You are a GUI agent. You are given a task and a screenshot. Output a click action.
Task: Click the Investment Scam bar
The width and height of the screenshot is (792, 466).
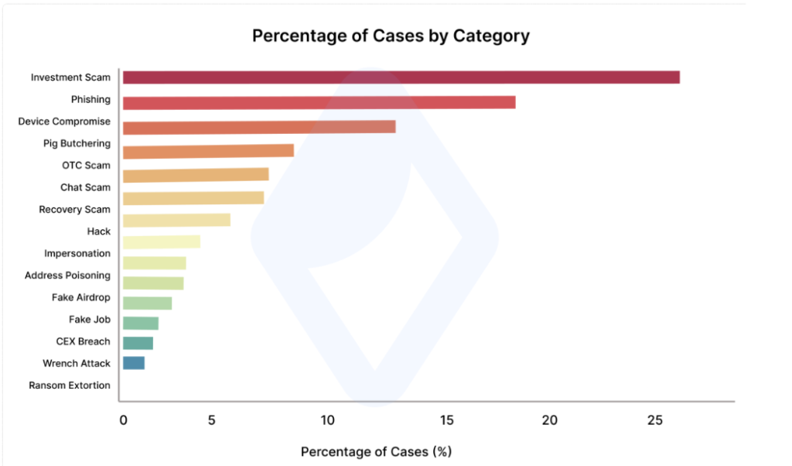pyautogui.click(x=401, y=77)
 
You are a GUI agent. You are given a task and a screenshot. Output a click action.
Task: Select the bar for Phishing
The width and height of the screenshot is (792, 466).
pyautogui.click(x=319, y=103)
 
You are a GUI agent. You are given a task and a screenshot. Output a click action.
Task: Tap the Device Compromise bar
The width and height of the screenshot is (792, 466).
pyautogui.click(x=259, y=127)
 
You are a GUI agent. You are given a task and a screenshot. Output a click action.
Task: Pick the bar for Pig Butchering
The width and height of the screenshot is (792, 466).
pyautogui.click(x=208, y=151)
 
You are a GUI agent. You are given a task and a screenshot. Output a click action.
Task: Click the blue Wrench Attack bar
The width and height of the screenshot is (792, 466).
pyautogui.click(x=133, y=363)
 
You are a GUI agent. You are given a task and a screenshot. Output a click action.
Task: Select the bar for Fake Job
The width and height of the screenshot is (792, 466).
pyautogui.click(x=140, y=324)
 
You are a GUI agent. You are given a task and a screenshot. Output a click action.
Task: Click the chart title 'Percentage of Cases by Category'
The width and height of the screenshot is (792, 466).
pyautogui.click(x=391, y=36)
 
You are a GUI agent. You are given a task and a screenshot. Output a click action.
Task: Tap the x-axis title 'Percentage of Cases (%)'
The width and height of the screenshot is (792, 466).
pyautogui.click(x=376, y=451)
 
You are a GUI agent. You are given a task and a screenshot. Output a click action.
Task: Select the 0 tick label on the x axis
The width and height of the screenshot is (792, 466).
pyautogui.click(x=123, y=420)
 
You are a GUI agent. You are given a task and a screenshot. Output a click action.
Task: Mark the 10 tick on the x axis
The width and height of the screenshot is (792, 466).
pyautogui.click(x=328, y=420)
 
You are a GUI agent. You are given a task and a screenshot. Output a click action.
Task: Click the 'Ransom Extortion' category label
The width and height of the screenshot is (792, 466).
pyautogui.click(x=70, y=385)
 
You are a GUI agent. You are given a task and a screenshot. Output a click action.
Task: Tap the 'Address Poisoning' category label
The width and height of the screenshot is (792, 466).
pyautogui.click(x=67, y=276)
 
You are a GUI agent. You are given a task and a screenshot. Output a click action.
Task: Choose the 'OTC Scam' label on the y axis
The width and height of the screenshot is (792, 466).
pyautogui.click(x=86, y=166)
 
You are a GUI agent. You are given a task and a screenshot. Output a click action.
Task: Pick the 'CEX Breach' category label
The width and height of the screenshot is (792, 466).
pyautogui.click(x=83, y=341)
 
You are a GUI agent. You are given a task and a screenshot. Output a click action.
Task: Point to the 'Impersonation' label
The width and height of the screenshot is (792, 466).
pyautogui.click(x=77, y=254)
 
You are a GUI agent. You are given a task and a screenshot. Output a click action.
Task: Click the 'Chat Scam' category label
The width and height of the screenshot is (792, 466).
pyautogui.click(x=85, y=187)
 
